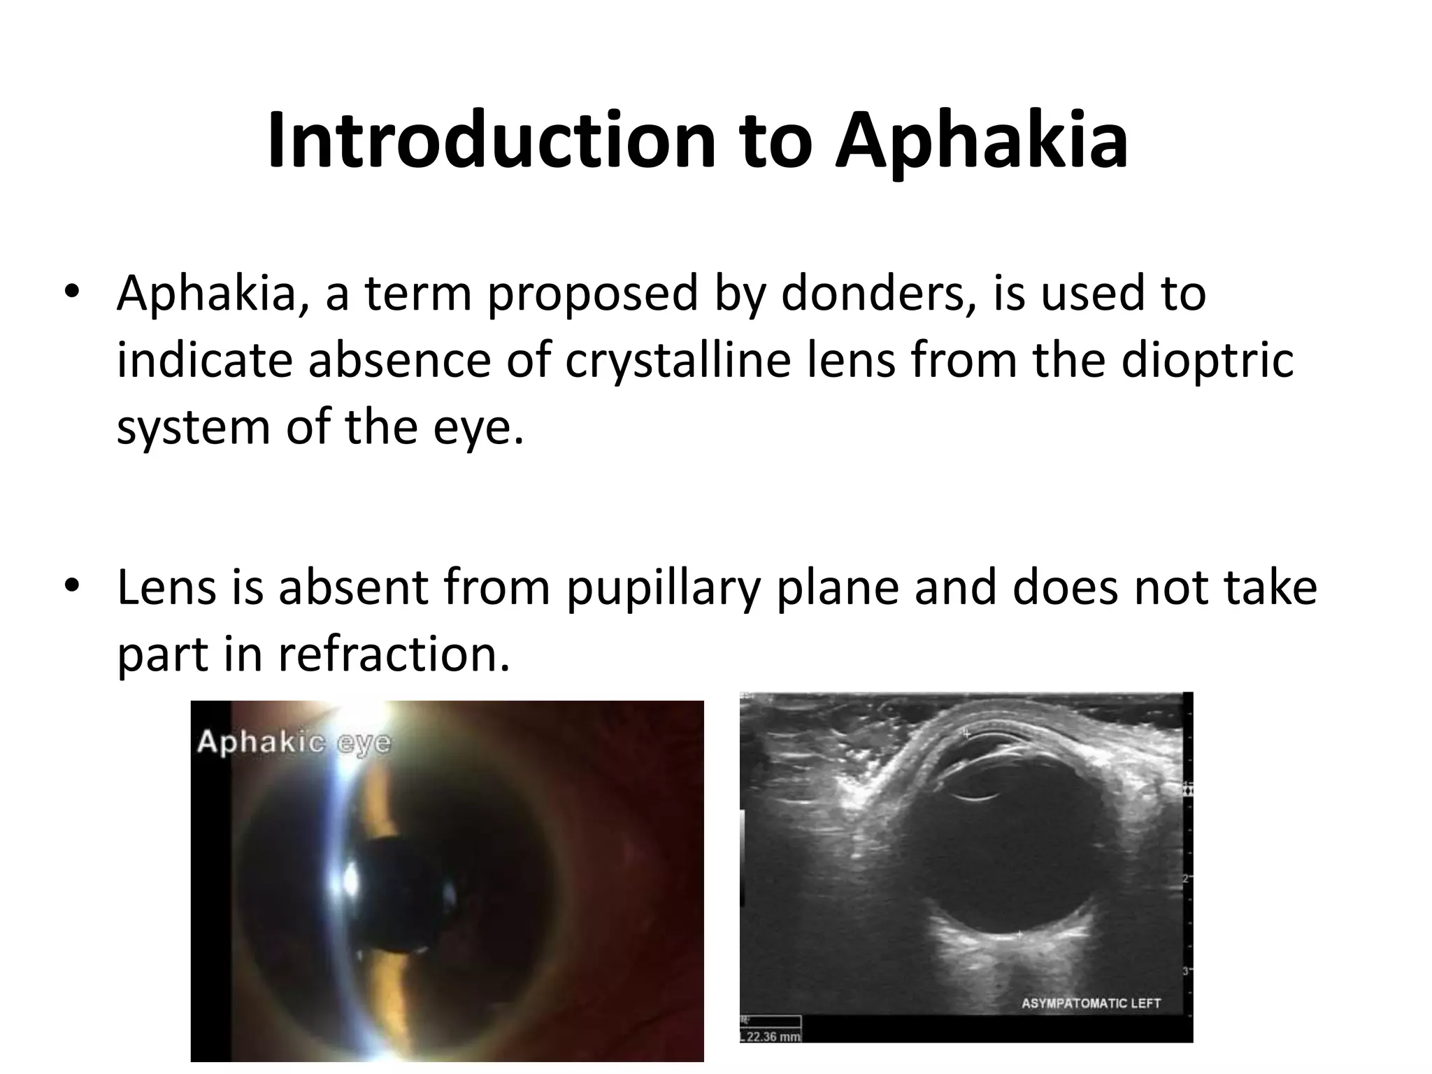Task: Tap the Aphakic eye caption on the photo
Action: coord(294,742)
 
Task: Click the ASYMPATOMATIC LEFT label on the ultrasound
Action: coord(1091,1003)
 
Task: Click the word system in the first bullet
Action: coord(193,428)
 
